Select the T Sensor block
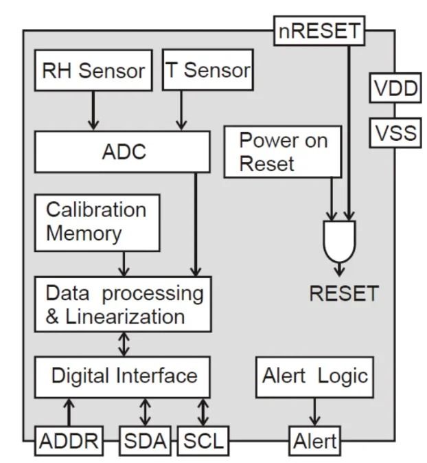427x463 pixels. (x=208, y=71)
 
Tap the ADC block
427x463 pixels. (x=123, y=152)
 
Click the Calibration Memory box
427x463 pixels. (x=96, y=222)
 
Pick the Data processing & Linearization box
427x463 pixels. (x=124, y=304)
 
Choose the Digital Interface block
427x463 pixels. (x=124, y=376)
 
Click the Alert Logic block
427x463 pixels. (x=315, y=376)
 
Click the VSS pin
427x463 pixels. (x=395, y=133)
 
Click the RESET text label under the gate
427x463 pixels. (x=343, y=294)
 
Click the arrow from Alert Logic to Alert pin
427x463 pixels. (x=315, y=412)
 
